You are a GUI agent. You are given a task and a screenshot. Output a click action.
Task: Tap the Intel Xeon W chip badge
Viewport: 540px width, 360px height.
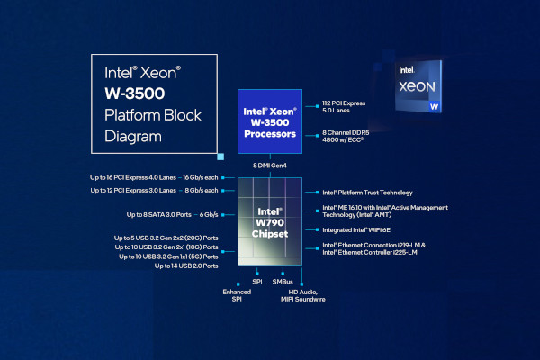(x=421, y=85)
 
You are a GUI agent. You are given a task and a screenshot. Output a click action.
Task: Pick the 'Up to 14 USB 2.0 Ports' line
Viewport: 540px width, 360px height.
(x=186, y=266)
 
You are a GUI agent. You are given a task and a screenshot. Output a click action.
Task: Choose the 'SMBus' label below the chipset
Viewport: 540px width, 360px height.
(x=283, y=282)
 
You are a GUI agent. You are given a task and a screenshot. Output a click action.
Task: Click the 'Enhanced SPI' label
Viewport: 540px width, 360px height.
(x=237, y=296)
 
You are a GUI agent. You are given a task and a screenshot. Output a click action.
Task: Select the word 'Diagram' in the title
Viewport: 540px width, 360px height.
(x=133, y=137)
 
